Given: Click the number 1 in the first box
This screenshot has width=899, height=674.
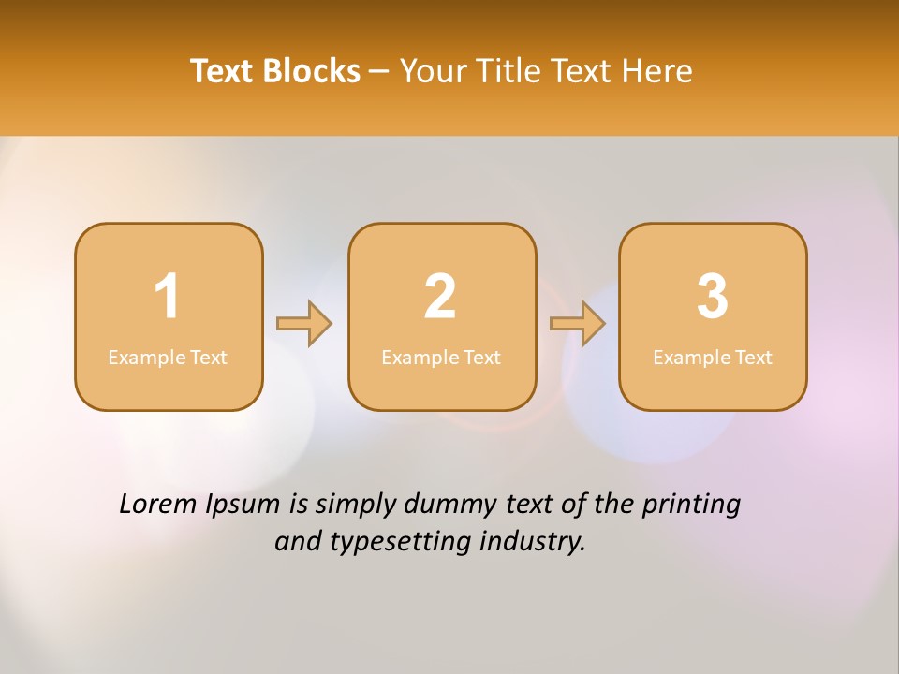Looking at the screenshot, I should point(167,297).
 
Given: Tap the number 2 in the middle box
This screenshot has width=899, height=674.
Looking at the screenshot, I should point(440,297).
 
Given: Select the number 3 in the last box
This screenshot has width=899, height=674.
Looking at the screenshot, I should point(713,297).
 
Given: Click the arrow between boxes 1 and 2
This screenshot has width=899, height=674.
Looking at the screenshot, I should point(304,323).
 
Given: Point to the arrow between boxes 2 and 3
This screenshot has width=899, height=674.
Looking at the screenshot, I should point(578,323).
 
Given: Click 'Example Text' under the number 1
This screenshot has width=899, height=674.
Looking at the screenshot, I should point(168,358).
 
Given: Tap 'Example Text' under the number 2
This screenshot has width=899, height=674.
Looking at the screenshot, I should point(441,358).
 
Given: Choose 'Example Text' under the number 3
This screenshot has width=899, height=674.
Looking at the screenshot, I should point(713,358).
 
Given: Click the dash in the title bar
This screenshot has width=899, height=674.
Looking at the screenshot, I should point(380,72).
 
